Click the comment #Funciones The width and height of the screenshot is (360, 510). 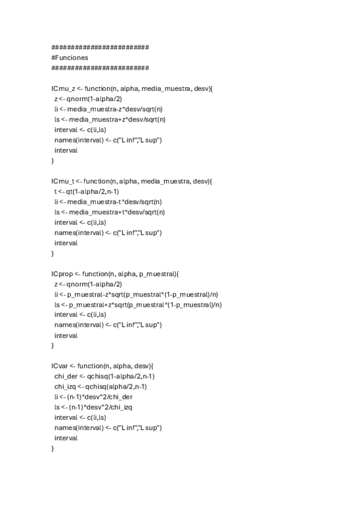[x=71, y=58]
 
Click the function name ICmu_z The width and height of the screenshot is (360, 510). [x=63, y=88]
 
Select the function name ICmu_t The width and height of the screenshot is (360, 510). [x=63, y=181]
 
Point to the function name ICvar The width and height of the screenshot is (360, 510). [x=61, y=366]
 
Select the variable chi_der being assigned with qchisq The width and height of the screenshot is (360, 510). [x=66, y=376]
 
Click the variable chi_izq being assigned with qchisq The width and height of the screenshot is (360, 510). [x=66, y=387]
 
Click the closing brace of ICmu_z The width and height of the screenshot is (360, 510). [x=53, y=161]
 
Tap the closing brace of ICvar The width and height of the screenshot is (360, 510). [x=53, y=449]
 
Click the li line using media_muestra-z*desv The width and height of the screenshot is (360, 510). [x=109, y=109]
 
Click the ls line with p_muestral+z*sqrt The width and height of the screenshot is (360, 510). [x=138, y=304]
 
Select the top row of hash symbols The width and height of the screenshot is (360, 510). [x=100, y=47]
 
